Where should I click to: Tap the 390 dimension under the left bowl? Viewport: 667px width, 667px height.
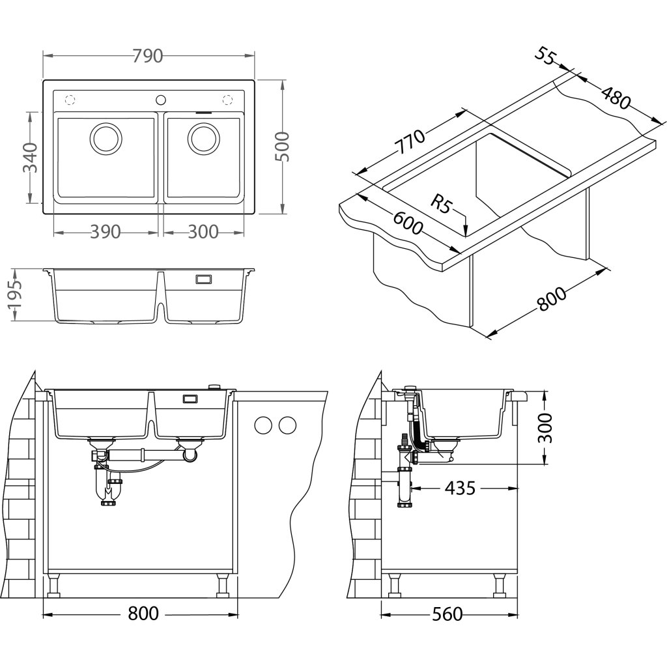click(106, 232)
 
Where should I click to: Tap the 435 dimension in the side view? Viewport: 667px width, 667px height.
click(463, 488)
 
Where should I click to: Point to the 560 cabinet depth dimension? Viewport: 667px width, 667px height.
click(447, 614)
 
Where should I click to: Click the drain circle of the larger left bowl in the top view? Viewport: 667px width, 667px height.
click(104, 138)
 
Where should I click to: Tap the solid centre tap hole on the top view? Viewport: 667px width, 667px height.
click(160, 100)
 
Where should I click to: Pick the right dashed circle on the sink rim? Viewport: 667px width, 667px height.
click(228, 100)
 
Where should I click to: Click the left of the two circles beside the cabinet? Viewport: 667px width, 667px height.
click(263, 425)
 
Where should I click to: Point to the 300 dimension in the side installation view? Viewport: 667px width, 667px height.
click(545, 428)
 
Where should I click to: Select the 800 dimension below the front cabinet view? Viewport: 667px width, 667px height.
click(143, 614)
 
